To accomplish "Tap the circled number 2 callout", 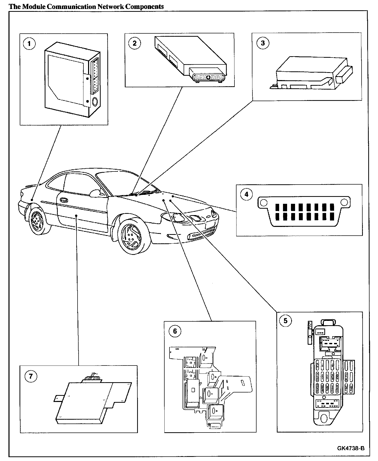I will point(135,43).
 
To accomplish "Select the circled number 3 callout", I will point(262,43).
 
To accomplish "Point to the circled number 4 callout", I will point(247,194).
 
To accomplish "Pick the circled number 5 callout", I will point(285,321).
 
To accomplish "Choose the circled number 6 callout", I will point(175,331).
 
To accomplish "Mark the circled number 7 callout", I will point(31,376).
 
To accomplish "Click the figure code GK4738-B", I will point(351,448).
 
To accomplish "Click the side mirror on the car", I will point(96,193).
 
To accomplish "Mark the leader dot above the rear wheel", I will point(32,199).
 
